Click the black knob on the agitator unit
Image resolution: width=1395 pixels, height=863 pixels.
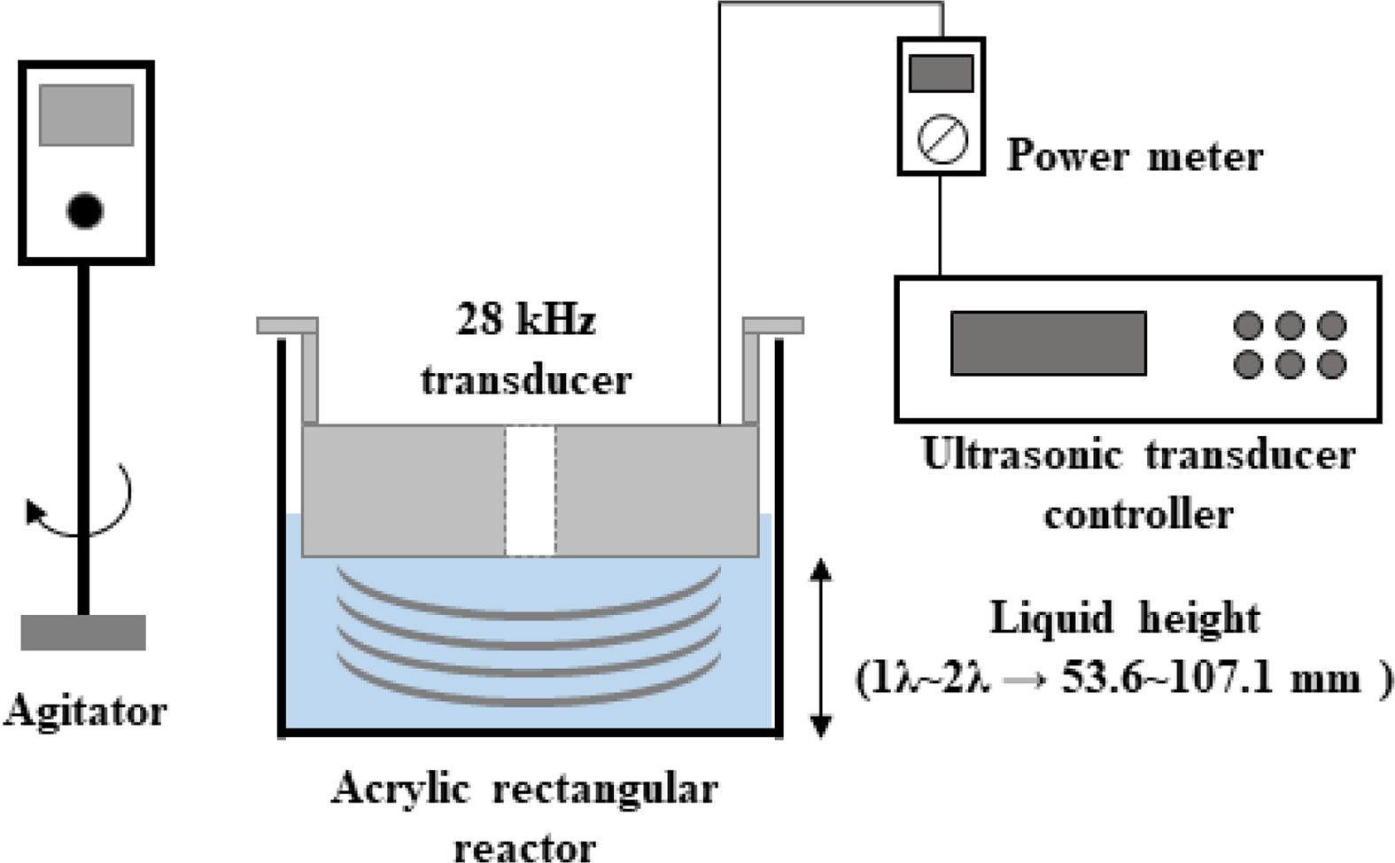(x=85, y=210)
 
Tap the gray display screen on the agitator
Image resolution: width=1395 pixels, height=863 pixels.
(x=86, y=114)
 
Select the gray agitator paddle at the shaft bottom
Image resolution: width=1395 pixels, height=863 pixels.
(x=83, y=633)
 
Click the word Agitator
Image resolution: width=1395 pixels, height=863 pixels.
(x=85, y=711)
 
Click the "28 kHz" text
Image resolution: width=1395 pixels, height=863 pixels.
(x=525, y=319)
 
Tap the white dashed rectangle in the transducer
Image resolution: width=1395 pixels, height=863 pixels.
(x=531, y=491)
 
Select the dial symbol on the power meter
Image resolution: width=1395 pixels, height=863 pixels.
(x=942, y=140)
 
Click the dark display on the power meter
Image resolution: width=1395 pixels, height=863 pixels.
(x=942, y=74)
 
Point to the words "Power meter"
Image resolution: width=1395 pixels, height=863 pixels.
(x=1135, y=157)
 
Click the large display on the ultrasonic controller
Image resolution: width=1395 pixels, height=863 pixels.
(x=1048, y=343)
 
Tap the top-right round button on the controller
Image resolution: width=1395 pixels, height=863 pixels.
(x=1331, y=325)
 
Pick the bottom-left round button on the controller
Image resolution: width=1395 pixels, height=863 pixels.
(x=1248, y=364)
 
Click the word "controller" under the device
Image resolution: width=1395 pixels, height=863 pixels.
(x=1138, y=514)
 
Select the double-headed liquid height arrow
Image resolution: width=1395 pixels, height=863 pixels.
(x=821, y=648)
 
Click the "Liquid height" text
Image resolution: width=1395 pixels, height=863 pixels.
(x=1124, y=618)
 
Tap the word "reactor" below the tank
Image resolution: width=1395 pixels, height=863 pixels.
(x=524, y=846)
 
